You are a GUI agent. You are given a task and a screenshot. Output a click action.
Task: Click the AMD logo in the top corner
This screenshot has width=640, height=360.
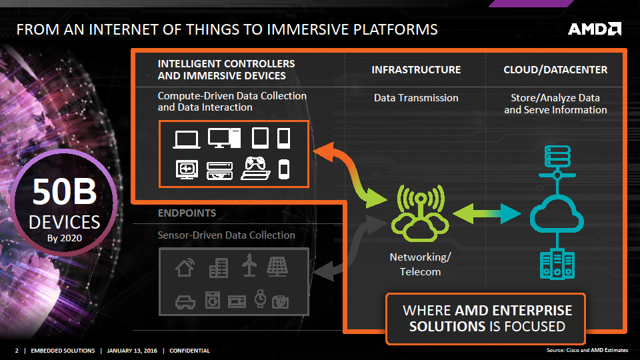click(x=595, y=29)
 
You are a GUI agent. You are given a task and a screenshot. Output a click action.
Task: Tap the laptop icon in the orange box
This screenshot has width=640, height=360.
click(x=186, y=139)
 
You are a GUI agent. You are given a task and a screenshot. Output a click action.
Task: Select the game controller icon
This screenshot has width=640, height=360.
click(x=256, y=168)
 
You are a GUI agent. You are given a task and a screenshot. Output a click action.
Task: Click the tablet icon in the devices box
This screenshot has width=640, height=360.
click(x=260, y=138)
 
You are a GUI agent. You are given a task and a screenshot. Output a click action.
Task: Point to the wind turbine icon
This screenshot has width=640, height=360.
click(x=249, y=266)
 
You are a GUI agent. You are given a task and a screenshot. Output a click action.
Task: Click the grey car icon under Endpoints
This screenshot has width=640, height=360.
click(x=185, y=301)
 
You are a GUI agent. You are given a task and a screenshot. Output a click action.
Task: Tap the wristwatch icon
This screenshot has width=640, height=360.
click(x=261, y=299)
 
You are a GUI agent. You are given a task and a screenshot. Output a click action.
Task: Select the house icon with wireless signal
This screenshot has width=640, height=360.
click(x=185, y=267)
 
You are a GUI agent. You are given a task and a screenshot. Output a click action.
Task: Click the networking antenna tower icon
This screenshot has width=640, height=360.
click(x=420, y=212)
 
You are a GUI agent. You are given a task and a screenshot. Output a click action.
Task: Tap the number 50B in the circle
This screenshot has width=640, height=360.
click(x=65, y=192)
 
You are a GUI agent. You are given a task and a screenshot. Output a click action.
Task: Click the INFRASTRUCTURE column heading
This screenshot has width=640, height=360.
click(x=416, y=70)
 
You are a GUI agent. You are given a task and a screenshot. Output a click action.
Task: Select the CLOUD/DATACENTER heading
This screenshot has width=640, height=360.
click(x=555, y=70)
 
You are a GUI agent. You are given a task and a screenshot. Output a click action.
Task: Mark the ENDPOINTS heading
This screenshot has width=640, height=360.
click(x=187, y=213)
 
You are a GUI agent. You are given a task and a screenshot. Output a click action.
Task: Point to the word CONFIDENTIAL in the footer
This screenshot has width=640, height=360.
click(x=190, y=351)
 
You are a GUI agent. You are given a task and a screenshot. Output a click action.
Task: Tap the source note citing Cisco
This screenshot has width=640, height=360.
click(x=584, y=350)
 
